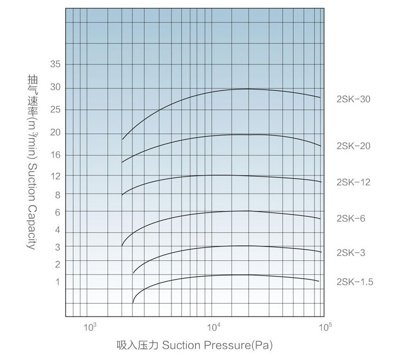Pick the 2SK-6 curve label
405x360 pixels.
tap(351, 218)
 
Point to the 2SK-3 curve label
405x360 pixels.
tap(351, 253)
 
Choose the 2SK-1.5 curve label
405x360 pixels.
tap(355, 282)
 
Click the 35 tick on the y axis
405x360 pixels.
tap(55, 64)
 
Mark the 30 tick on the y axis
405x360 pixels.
tap(55, 87)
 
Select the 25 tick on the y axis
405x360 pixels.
tap(55, 109)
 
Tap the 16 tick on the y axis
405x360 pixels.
tap(55, 155)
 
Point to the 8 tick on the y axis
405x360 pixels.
tap(57, 194)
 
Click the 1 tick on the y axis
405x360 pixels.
tap(57, 282)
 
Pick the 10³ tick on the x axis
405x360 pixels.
tap(89, 327)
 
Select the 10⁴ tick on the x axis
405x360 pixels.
tap(214, 327)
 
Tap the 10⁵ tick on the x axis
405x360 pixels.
tap(325, 327)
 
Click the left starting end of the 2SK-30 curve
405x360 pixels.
tap(123, 139)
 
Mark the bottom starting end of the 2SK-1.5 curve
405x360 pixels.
tap(133, 303)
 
